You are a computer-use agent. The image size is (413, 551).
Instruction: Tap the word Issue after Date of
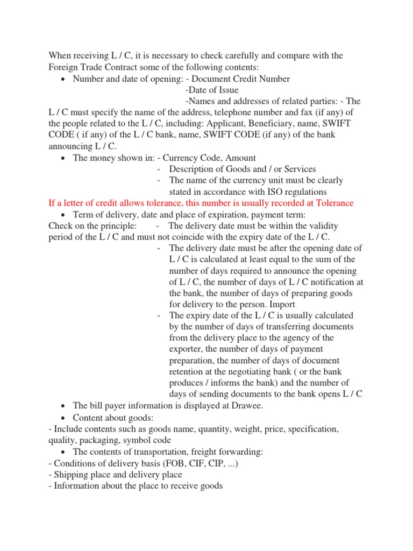(x=227, y=90)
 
